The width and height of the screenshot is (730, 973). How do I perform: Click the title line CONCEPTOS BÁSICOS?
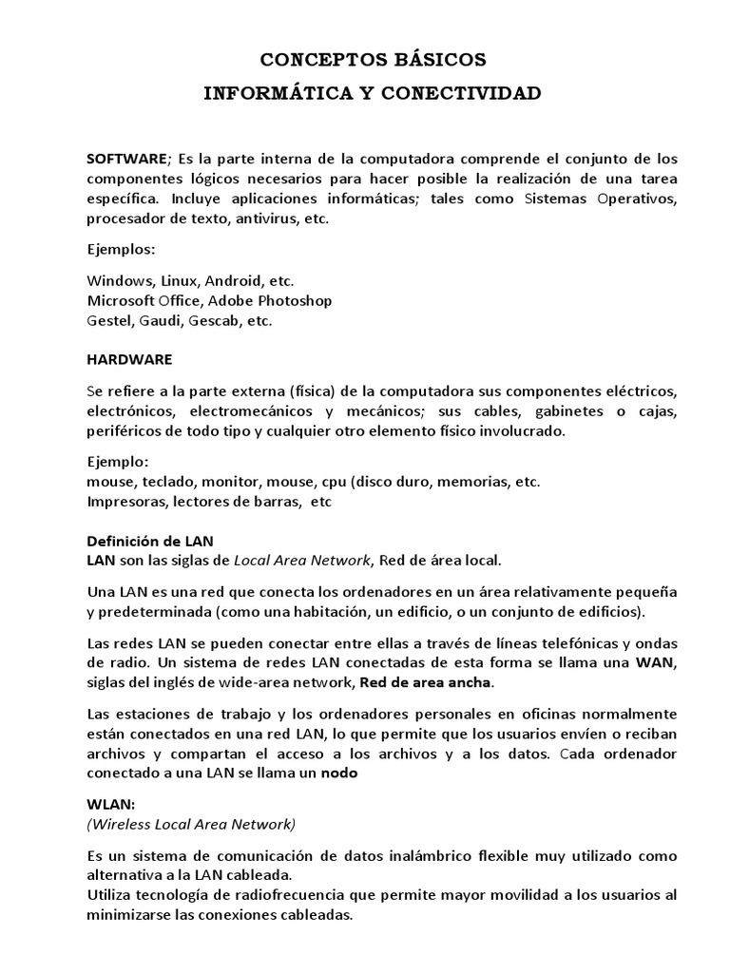pyautogui.click(x=374, y=60)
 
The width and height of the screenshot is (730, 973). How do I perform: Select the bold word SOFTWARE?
pyautogui.click(x=126, y=158)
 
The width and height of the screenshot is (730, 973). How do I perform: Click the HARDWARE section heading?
pyautogui.click(x=129, y=360)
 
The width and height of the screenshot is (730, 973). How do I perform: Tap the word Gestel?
pyautogui.click(x=108, y=321)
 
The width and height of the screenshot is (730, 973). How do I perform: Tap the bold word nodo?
pyautogui.click(x=338, y=773)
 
